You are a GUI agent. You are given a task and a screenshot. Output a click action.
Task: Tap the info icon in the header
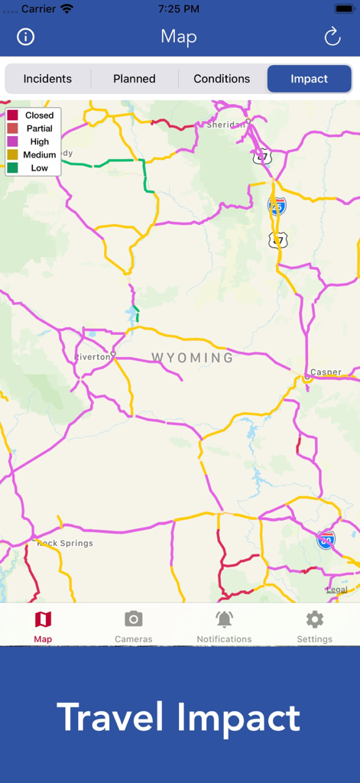(26, 37)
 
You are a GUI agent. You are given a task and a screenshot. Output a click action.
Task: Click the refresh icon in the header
(332, 37)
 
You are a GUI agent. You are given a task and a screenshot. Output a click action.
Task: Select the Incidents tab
(47, 79)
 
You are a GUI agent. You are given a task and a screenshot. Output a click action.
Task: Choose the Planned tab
(135, 79)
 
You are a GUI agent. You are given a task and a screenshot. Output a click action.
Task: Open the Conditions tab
(222, 79)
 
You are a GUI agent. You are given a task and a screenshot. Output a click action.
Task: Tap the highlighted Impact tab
(309, 79)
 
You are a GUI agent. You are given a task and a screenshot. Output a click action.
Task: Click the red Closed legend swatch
(13, 115)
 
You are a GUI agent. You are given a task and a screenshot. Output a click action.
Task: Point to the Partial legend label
(40, 128)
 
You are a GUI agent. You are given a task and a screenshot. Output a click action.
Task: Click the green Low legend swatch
(13, 167)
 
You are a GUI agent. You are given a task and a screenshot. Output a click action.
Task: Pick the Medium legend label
(40, 154)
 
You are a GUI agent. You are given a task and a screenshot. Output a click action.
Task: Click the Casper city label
(326, 372)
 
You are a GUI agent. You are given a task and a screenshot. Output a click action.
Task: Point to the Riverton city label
(92, 357)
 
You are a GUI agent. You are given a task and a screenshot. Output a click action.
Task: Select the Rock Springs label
(65, 544)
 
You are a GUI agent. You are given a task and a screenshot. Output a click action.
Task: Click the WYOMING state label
(193, 357)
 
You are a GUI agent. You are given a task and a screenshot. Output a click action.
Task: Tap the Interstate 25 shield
(277, 206)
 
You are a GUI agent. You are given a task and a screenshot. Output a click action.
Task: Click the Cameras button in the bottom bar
(134, 626)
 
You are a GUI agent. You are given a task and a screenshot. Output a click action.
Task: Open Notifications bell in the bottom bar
(224, 626)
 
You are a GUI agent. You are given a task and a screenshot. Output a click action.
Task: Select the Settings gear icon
(314, 619)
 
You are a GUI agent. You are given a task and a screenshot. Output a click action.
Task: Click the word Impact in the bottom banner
(238, 718)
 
